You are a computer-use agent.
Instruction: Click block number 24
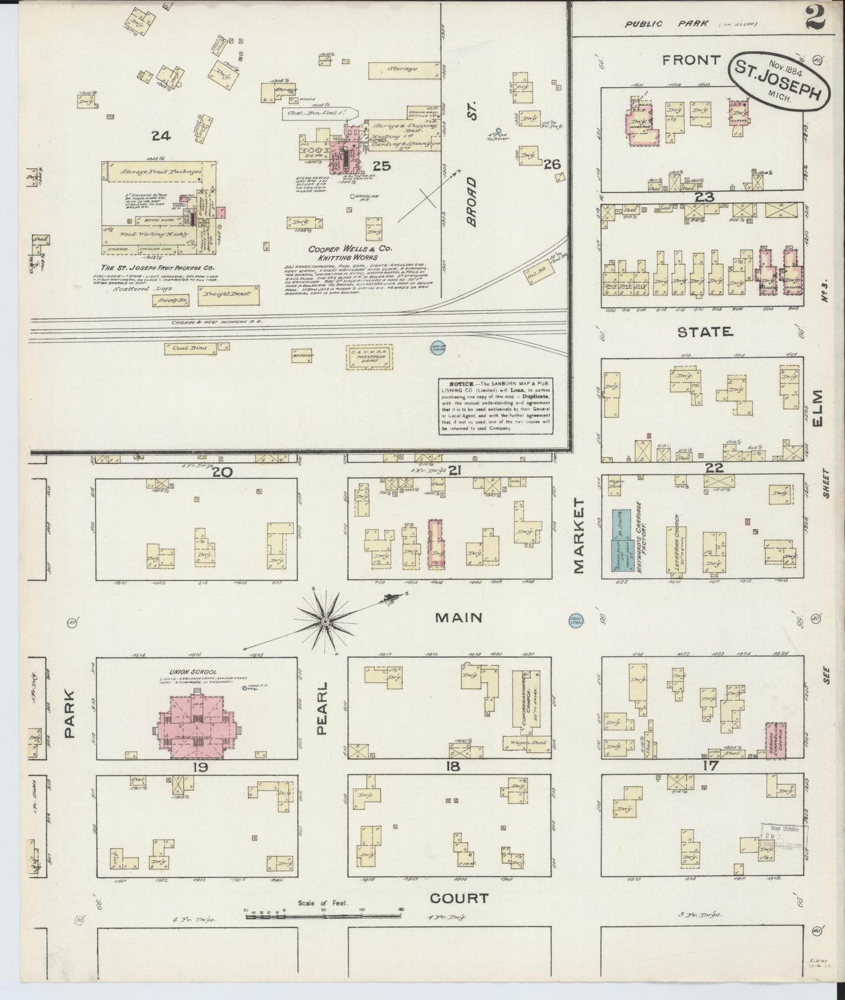tap(160, 136)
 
